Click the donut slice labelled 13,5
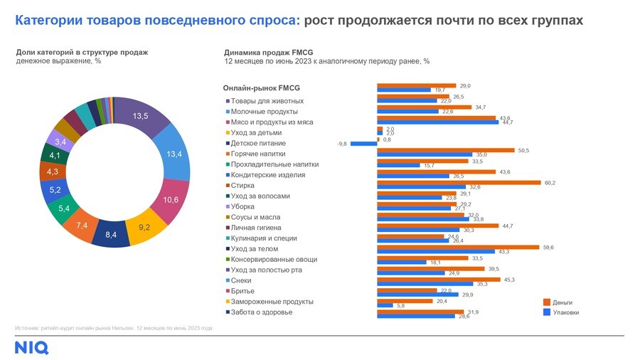[x=141, y=117]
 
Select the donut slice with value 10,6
[x=171, y=200]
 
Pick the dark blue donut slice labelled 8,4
[x=112, y=233]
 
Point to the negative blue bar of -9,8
[x=363, y=143]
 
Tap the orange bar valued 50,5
[x=446, y=151]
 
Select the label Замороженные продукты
[x=267, y=302]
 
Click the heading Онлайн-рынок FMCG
[x=262, y=88]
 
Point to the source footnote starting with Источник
[x=114, y=328]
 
